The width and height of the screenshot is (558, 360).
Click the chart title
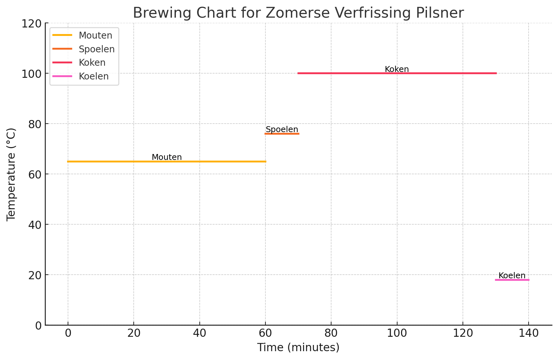[298, 13]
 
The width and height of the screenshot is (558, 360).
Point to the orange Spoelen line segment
[282, 134]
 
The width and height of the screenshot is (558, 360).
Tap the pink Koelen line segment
[512, 280]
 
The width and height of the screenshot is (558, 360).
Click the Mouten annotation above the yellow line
[167, 157]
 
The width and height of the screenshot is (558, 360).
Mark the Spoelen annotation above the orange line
[282, 129]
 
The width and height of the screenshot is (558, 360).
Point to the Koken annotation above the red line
[397, 69]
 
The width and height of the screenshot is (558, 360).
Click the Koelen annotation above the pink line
[512, 276]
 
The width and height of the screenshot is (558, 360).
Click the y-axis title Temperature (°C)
[11, 174]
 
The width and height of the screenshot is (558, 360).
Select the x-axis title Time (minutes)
[298, 347]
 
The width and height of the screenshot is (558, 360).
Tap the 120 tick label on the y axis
[31, 24]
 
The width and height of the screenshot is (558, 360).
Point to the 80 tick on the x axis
[331, 333]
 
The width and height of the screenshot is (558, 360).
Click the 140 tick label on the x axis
[529, 333]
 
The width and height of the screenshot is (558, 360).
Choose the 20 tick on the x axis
[134, 333]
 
